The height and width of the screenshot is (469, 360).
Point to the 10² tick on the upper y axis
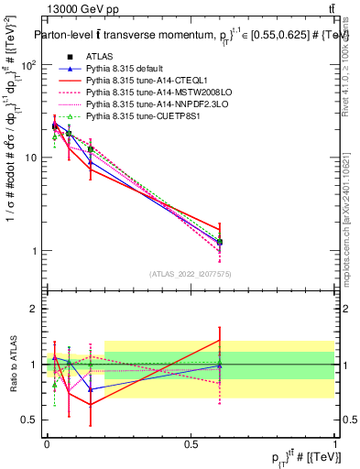coord(27,65)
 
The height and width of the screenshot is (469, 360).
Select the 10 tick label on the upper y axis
coord(29,158)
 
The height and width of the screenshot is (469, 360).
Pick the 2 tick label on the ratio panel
coord(34,309)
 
